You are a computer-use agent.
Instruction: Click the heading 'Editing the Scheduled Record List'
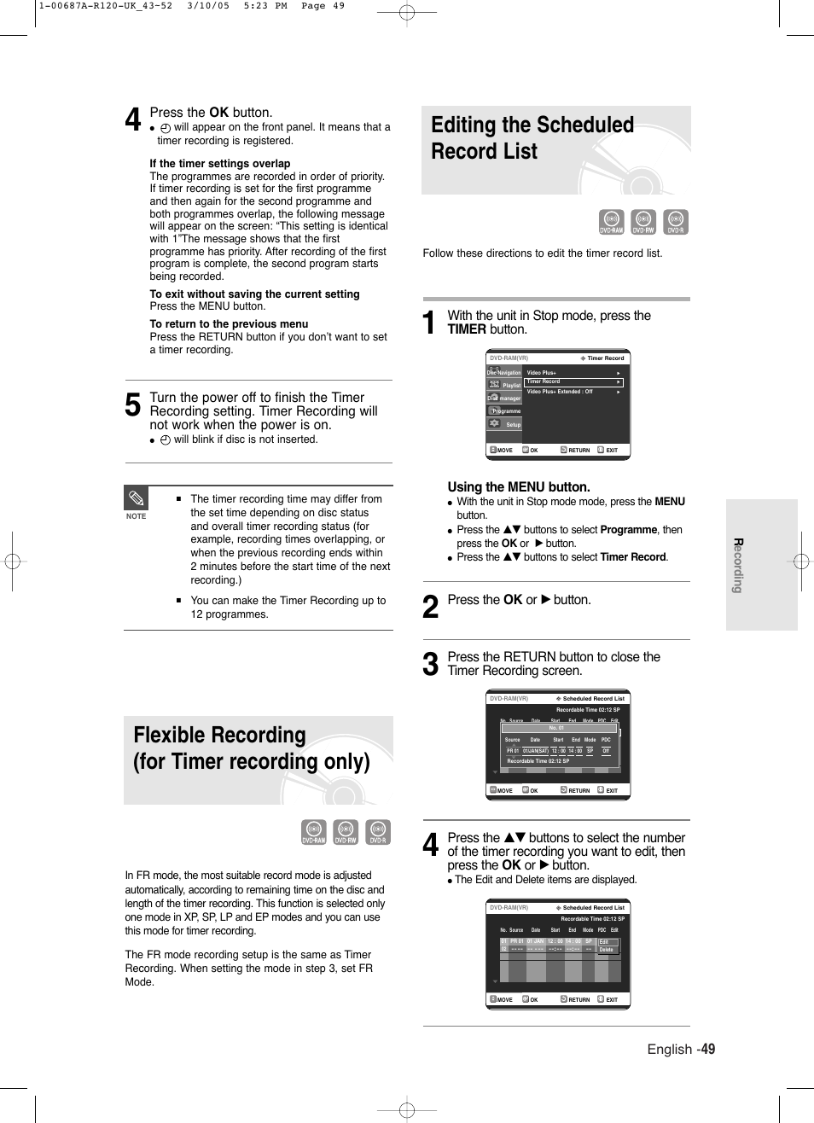(x=532, y=138)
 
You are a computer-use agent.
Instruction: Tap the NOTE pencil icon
(x=137, y=498)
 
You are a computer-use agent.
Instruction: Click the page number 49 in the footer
(x=708, y=1050)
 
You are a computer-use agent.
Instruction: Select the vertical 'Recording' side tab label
(x=739, y=565)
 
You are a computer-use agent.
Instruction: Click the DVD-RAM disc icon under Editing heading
(x=611, y=222)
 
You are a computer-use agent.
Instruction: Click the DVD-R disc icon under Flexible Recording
(x=378, y=832)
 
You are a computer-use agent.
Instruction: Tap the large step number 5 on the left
(x=133, y=405)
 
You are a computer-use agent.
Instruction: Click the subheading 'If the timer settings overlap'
(x=219, y=164)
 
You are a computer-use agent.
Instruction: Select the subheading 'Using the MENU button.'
(x=518, y=487)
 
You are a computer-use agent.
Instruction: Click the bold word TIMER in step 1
(x=466, y=330)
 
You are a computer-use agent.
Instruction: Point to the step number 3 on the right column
(x=431, y=665)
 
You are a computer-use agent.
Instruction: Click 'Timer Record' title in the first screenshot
(x=605, y=358)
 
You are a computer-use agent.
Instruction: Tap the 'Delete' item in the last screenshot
(x=607, y=950)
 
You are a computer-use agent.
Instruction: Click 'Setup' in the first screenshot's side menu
(x=513, y=424)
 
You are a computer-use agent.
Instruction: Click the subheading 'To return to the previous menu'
(x=229, y=324)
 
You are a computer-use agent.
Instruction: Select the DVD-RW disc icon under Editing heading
(x=643, y=222)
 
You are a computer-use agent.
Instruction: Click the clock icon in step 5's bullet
(x=166, y=440)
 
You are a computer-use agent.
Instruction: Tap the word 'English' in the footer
(x=669, y=1050)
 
